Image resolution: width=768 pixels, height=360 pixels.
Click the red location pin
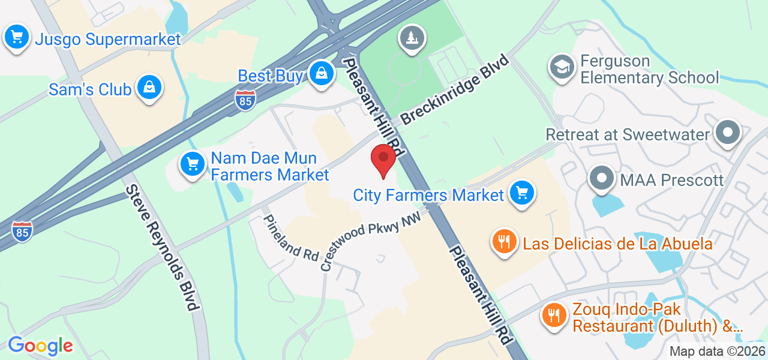(383, 159)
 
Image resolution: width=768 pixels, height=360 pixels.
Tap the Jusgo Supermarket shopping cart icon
(17, 38)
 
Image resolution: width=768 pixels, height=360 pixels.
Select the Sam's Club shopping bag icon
(148, 88)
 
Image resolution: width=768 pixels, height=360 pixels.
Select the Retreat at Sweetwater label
(628, 134)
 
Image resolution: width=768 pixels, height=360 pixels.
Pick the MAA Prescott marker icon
(601, 178)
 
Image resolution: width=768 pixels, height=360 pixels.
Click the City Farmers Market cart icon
(521, 193)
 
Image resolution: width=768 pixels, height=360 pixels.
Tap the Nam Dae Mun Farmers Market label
(269, 167)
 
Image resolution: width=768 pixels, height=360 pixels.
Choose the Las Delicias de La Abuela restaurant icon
(504, 242)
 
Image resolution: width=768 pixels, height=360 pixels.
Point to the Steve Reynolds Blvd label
(162, 248)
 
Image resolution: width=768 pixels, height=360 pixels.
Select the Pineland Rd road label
(292, 238)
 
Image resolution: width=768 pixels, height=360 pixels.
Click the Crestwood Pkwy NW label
(370, 243)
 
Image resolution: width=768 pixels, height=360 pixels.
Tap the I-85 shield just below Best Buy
(245, 99)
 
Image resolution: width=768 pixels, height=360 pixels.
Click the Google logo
(40, 346)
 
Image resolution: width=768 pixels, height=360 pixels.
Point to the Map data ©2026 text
(718, 352)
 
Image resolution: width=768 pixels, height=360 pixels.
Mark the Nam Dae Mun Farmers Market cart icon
(192, 163)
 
